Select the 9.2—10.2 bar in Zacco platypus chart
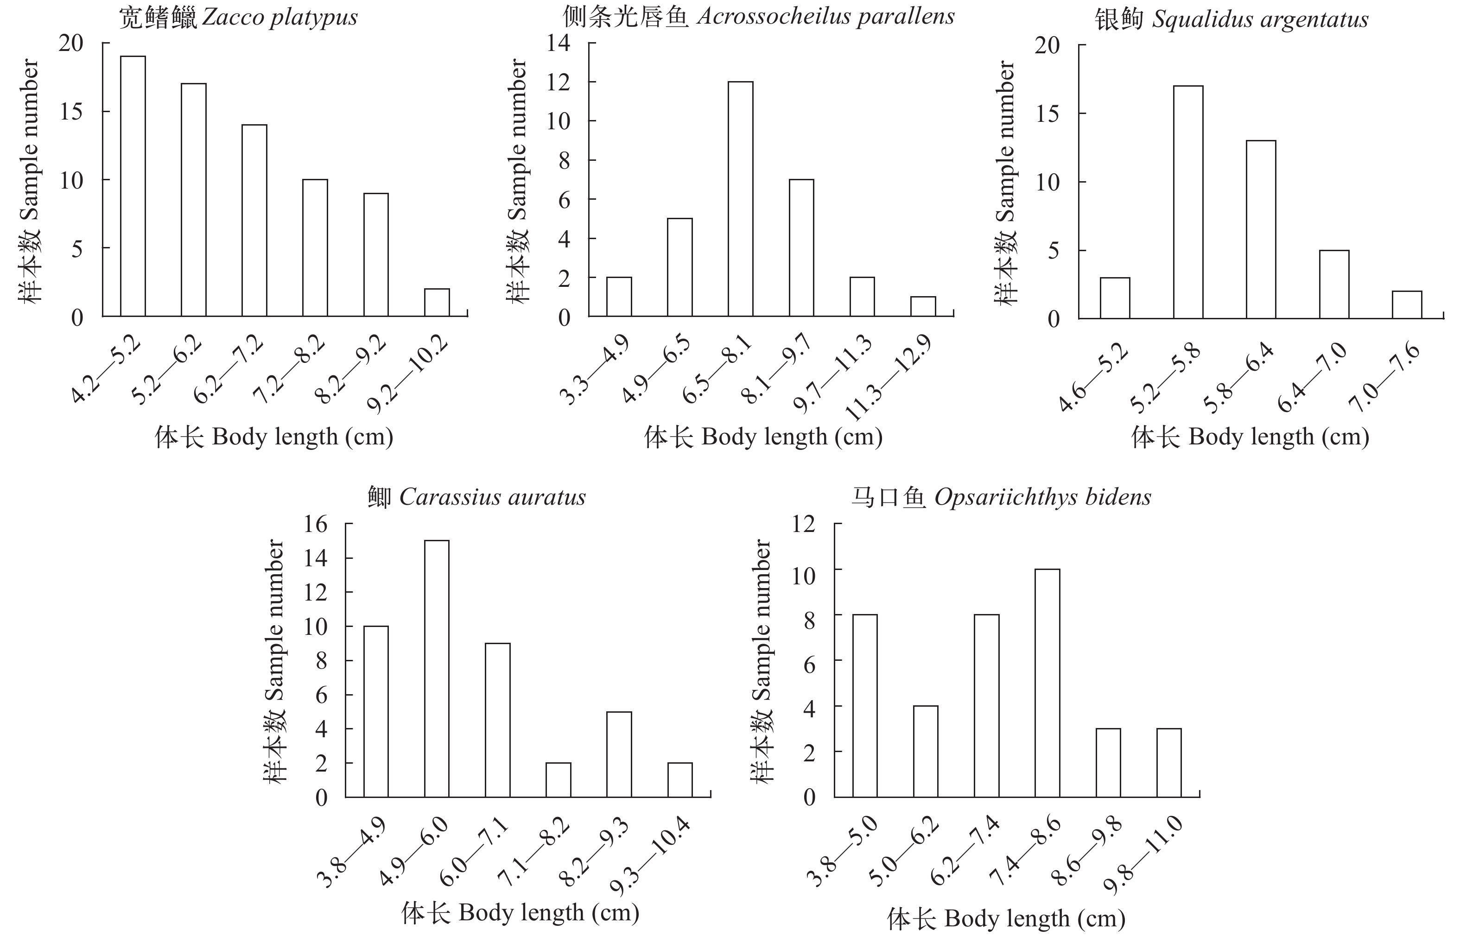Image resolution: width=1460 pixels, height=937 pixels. point(437,303)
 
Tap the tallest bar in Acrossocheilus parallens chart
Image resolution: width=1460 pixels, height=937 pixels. point(741,199)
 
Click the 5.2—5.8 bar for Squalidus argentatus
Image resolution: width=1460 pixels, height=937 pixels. point(1188,202)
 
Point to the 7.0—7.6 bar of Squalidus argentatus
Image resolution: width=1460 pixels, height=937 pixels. point(1407,305)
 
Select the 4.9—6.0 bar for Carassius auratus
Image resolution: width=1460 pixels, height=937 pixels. point(437,669)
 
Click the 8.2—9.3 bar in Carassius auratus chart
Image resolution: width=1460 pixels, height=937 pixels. point(619,754)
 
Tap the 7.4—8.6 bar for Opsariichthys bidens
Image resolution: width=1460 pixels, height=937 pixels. point(1047,683)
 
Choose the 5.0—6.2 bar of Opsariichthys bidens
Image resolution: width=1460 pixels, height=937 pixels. point(926,752)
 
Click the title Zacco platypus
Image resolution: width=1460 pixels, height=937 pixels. point(238,17)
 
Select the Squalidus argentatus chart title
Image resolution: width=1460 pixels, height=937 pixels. point(1232,19)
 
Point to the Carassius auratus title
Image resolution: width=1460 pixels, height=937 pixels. point(476,498)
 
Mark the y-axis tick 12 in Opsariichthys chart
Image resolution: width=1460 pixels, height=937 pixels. point(803,524)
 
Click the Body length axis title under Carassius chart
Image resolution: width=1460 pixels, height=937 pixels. point(521,912)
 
